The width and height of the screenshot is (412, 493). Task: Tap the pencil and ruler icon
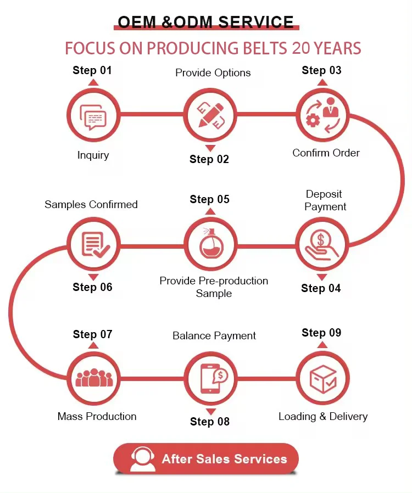[x=209, y=115]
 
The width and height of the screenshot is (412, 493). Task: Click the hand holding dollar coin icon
[x=322, y=244]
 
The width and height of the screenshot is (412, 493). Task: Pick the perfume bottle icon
[x=209, y=244]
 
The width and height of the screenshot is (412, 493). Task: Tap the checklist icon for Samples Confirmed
[x=93, y=244]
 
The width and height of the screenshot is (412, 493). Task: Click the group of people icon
[x=93, y=378]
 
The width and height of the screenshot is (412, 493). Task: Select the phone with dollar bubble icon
[x=210, y=378]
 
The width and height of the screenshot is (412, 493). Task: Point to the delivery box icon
[x=323, y=378]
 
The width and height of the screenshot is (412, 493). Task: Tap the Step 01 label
[x=92, y=70]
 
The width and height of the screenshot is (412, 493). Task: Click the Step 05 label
[x=209, y=199]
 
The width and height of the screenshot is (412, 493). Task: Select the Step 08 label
[x=209, y=422]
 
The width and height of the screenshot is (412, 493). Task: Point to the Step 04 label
[x=321, y=288]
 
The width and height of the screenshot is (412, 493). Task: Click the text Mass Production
[x=97, y=416]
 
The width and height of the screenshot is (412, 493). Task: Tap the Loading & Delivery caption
[x=323, y=416]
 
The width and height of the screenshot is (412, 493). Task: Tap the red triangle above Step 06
[x=93, y=277]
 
